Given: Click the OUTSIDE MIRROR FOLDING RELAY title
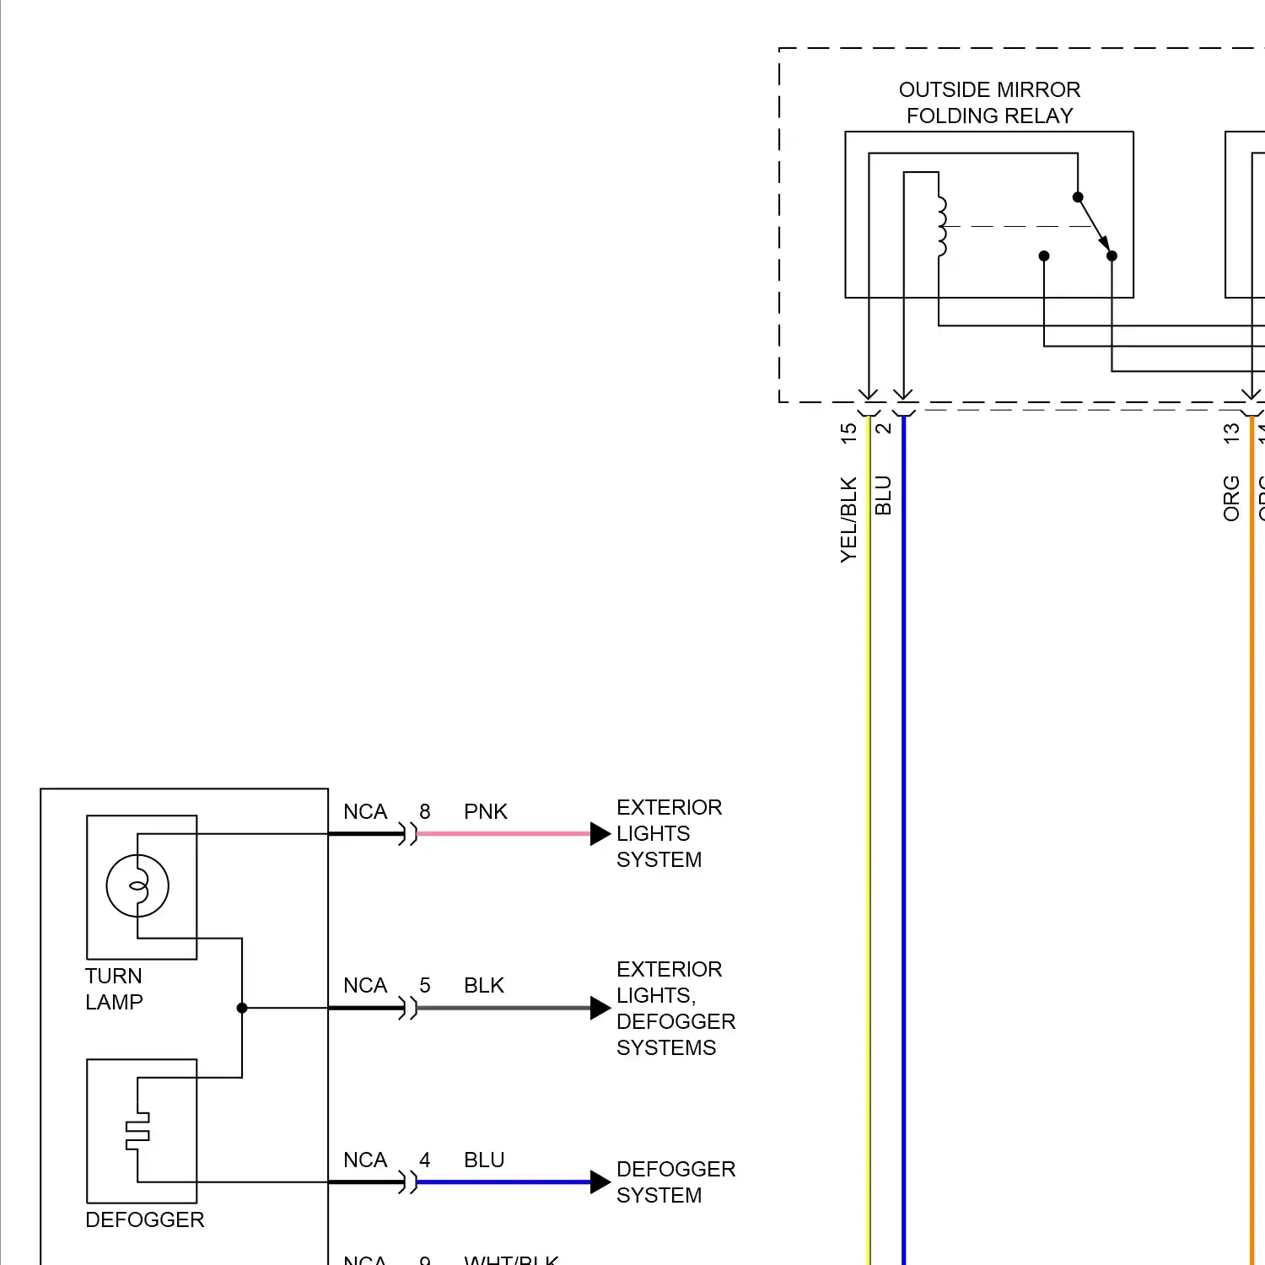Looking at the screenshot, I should (x=989, y=102).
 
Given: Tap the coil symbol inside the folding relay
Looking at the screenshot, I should (x=942, y=226).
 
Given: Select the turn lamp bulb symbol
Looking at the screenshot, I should (x=137, y=885).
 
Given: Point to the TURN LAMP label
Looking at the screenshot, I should (x=114, y=988).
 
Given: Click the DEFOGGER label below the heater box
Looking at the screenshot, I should (x=144, y=1219).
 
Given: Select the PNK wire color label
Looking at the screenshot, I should (x=485, y=811).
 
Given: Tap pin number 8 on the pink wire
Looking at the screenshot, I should (x=425, y=811).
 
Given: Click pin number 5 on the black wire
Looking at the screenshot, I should (x=425, y=985).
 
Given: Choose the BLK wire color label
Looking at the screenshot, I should (x=483, y=985).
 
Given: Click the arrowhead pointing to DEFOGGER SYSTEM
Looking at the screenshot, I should (x=600, y=1182).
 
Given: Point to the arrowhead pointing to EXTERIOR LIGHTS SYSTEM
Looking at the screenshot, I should (x=600, y=833).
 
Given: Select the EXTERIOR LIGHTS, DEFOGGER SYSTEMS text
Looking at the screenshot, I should (x=675, y=1008).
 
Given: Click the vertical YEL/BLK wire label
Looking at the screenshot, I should (x=848, y=519).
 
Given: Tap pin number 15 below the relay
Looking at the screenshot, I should (x=848, y=433).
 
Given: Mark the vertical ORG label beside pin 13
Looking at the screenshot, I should (x=1231, y=498).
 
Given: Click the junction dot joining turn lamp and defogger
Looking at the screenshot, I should (x=242, y=1008).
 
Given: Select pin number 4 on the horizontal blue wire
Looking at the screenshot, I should (x=425, y=1160).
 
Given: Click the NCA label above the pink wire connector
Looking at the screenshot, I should (x=364, y=811).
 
